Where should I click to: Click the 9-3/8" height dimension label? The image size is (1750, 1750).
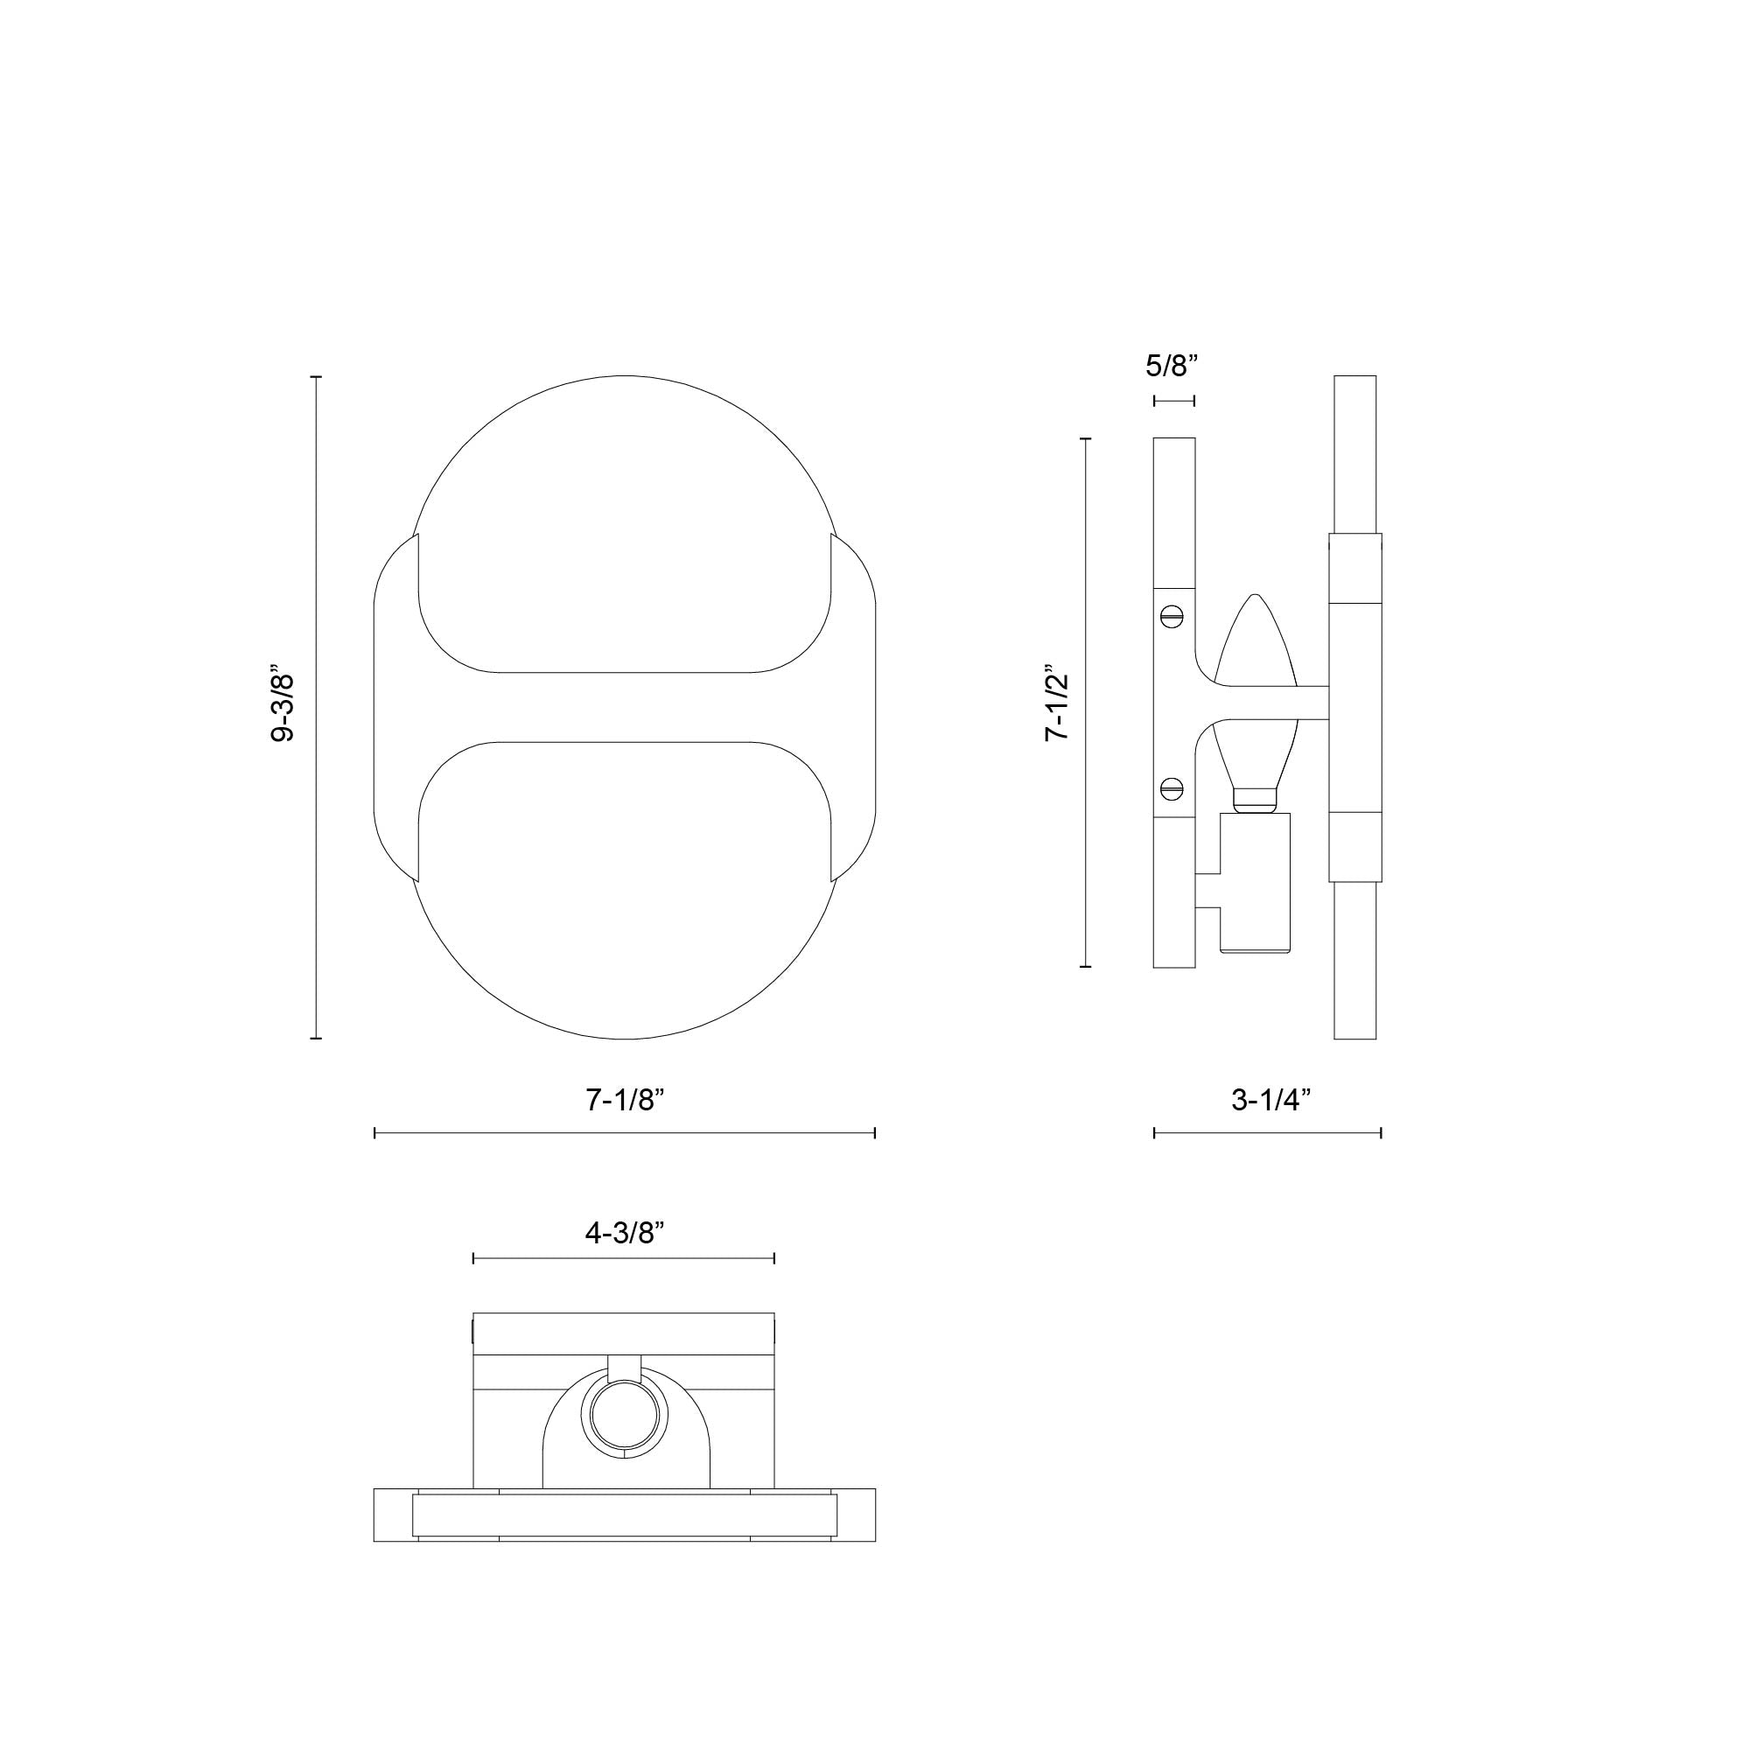[x=283, y=707]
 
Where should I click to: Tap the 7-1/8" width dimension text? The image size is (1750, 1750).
[x=624, y=1100]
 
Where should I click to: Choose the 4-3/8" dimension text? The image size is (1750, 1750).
[x=624, y=1233]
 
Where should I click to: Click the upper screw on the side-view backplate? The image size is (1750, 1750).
[x=1172, y=617]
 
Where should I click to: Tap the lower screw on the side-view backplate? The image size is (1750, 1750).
[x=1172, y=788]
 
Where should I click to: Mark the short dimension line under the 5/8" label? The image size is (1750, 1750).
[x=1174, y=401]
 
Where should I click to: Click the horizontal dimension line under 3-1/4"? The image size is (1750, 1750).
[x=1267, y=1132]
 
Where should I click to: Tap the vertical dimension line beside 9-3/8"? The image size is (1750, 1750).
[x=316, y=707]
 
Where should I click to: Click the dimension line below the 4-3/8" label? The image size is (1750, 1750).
[x=624, y=1258]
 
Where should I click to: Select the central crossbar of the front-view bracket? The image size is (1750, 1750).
[x=624, y=706]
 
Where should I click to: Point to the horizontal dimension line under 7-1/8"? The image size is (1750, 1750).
[x=624, y=1132]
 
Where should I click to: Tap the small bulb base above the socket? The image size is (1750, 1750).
[x=1255, y=799]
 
